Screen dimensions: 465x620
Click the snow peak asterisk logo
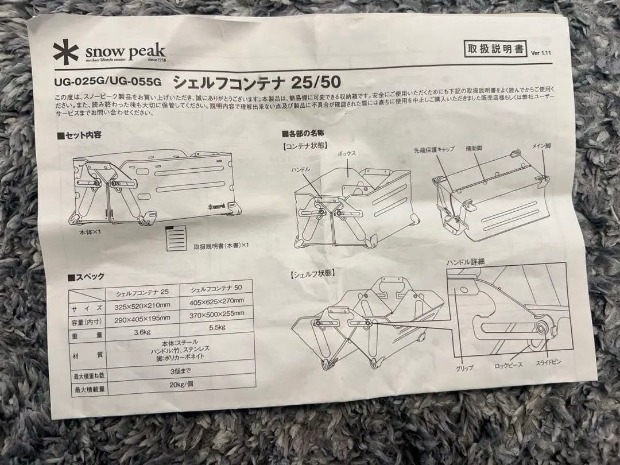[65, 51]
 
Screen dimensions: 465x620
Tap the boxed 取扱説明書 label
[495, 49]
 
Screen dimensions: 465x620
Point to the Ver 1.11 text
[541, 53]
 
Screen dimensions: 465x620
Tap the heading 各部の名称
[304, 133]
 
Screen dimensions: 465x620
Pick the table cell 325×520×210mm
[143, 307]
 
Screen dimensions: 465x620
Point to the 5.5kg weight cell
[216, 327]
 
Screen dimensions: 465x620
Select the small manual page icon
[177, 238]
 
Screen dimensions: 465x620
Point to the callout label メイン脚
[540, 146]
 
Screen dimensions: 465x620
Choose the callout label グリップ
[464, 367]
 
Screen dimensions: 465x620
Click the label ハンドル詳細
[466, 262]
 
